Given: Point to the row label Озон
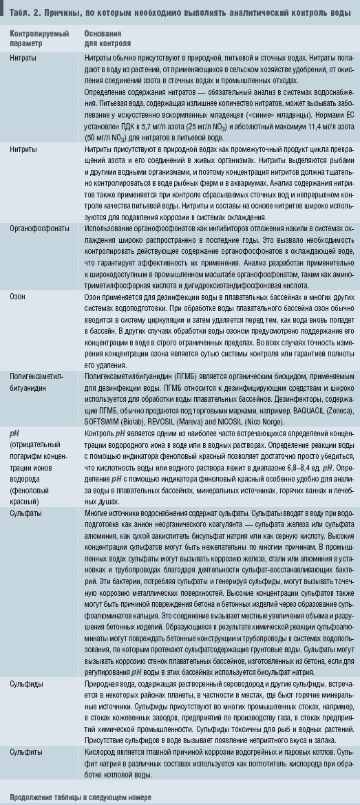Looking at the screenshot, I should (18, 296).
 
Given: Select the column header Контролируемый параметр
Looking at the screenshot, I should (37, 37).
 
